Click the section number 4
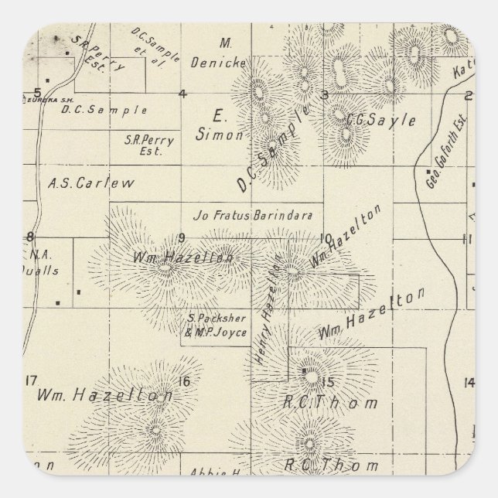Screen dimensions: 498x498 tap(182, 94)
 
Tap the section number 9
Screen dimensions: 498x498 tap(182, 237)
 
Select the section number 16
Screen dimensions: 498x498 tap(183, 380)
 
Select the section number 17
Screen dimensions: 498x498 tap(31, 379)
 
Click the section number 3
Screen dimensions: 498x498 tap(325, 94)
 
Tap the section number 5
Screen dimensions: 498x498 tap(36, 92)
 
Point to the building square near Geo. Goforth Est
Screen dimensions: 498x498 tap(428, 171)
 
